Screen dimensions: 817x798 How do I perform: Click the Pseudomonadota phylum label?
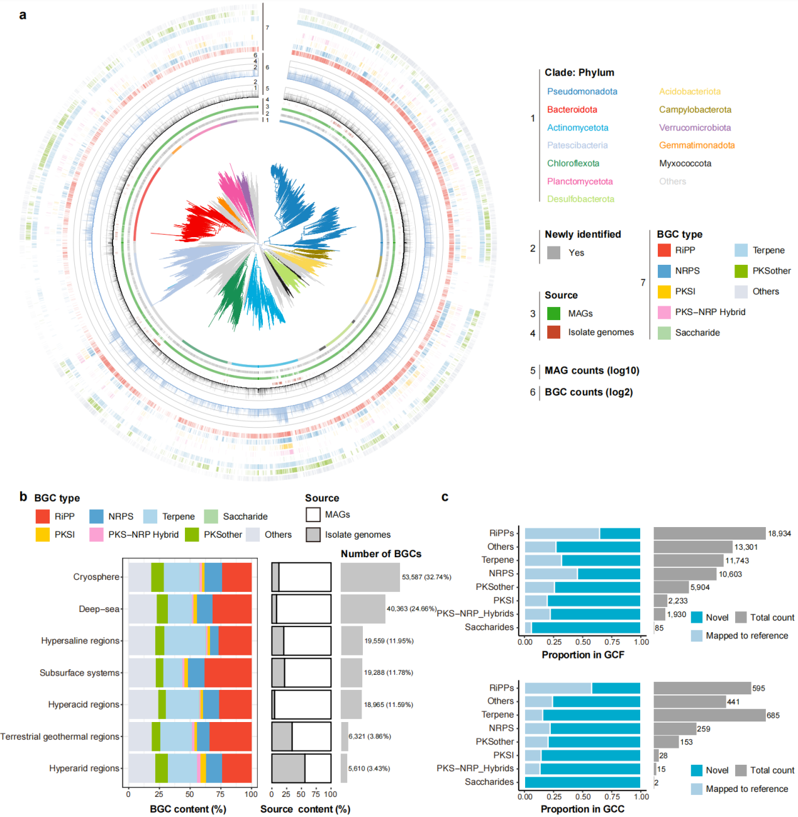click(x=582, y=91)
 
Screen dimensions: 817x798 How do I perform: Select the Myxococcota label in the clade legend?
click(x=685, y=164)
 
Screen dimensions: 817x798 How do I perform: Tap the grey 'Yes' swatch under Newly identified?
click(x=553, y=253)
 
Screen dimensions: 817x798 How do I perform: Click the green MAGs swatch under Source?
click(x=553, y=313)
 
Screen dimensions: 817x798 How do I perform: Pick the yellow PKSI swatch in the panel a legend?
click(x=664, y=292)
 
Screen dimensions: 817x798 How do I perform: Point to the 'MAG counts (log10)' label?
click(x=592, y=370)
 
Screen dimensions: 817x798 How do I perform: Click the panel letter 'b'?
click(x=23, y=496)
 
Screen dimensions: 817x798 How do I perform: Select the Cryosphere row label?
click(x=96, y=577)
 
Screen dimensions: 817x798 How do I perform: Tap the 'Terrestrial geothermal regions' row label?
click(x=60, y=736)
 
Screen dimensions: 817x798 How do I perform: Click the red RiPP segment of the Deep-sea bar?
click(x=232, y=609)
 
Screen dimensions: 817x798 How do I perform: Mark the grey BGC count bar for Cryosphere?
click(x=370, y=577)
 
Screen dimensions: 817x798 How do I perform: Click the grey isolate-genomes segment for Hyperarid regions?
click(x=288, y=768)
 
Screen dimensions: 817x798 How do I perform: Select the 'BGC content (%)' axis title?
click(x=187, y=809)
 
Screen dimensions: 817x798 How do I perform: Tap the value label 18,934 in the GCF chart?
click(x=779, y=533)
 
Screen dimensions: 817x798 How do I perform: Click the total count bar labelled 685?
click(x=709, y=715)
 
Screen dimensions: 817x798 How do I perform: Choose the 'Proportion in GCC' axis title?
click(x=582, y=809)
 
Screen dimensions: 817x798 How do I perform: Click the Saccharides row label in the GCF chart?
click(x=489, y=627)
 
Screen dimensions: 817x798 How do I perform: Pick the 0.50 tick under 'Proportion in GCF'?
click(x=583, y=642)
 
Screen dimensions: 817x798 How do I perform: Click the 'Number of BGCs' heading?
click(x=381, y=553)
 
